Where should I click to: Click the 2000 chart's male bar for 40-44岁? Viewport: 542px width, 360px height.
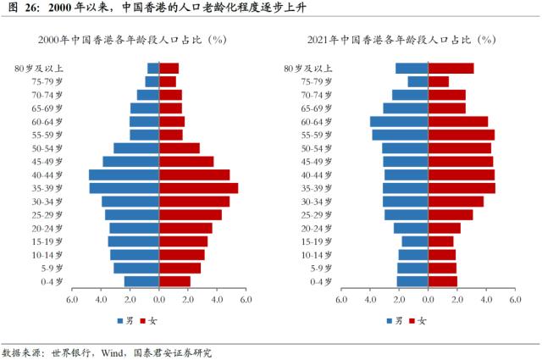click(x=124, y=174)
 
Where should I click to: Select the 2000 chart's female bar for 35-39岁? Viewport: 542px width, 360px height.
click(x=198, y=188)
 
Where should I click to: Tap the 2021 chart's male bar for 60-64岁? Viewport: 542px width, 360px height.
click(x=399, y=121)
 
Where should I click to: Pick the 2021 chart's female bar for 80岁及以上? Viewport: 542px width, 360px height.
click(x=451, y=69)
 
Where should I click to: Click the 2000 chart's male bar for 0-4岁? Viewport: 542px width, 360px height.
click(x=141, y=281)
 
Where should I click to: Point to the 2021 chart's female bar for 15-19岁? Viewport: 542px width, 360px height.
click(x=440, y=241)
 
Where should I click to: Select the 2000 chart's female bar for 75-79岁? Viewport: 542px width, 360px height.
click(x=168, y=81)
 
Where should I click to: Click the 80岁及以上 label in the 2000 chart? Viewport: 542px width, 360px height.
click(x=39, y=69)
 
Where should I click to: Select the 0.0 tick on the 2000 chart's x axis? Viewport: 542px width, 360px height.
click(x=158, y=299)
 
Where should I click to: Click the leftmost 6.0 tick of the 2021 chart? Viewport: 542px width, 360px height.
click(x=341, y=299)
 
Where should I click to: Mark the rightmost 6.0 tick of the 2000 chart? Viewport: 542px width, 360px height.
click(x=246, y=299)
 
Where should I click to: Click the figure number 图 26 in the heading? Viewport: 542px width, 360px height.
click(x=20, y=9)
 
